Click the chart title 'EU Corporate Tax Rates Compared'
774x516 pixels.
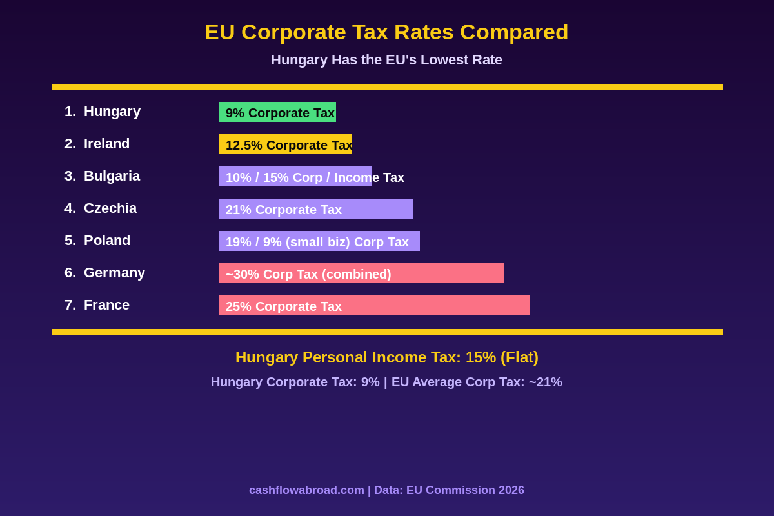[x=386, y=32]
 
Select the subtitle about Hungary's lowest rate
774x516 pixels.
[x=386, y=60]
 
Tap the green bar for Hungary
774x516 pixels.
[x=277, y=112]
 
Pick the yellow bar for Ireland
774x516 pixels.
[x=286, y=144]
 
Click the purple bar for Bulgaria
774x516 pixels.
[x=295, y=177]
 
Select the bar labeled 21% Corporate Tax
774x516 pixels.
[x=316, y=209]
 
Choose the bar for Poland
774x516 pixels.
[x=319, y=241]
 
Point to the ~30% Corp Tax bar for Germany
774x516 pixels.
[x=361, y=273]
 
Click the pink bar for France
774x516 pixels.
[x=374, y=306]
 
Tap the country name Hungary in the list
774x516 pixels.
[x=112, y=112]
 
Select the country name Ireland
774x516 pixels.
[x=106, y=144]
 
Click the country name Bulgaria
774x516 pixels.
[x=112, y=176]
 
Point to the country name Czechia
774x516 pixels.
[x=110, y=208]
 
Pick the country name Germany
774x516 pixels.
[x=114, y=273]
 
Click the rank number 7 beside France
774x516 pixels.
[x=69, y=305]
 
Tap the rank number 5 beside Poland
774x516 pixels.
[x=69, y=241]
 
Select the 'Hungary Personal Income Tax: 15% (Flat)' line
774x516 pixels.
[x=386, y=357]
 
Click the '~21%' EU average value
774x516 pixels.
[x=546, y=382]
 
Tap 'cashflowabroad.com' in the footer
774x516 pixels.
[x=306, y=490]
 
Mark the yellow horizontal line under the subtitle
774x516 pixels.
[x=387, y=86]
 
